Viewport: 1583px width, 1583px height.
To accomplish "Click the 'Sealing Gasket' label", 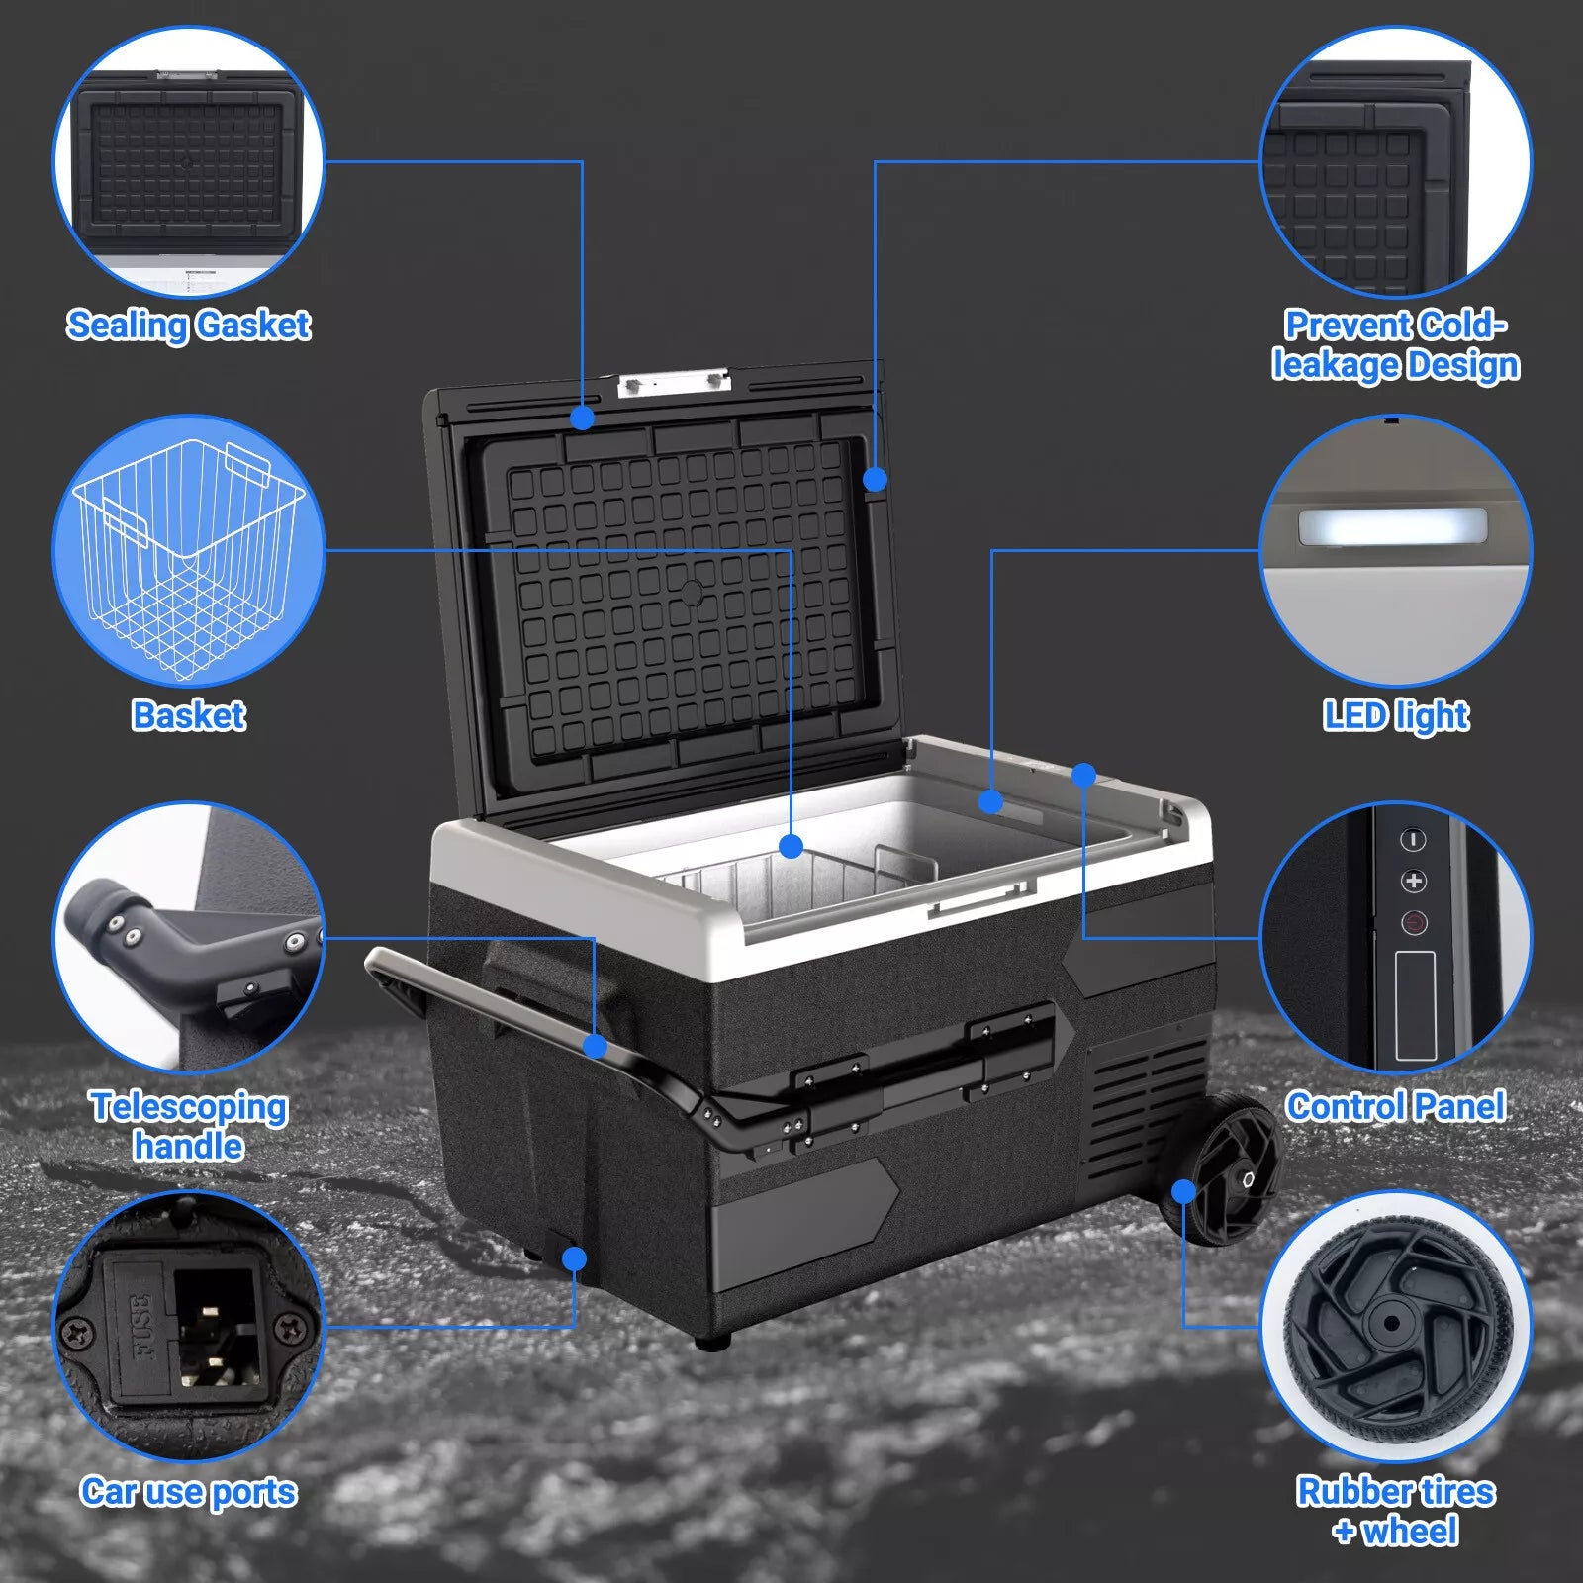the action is coord(188,325).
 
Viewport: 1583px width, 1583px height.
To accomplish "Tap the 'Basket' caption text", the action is coord(188,714).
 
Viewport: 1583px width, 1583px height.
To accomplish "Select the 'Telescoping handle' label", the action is coord(188,1125).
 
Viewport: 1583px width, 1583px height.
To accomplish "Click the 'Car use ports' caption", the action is coord(188,1491).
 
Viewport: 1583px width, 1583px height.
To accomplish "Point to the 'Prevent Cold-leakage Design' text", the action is coord(1395,344).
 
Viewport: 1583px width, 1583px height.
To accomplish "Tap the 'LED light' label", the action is coord(1395,715).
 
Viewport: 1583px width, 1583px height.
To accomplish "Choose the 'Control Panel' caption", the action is coord(1395,1105).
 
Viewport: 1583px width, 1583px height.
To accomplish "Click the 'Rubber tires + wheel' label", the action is coord(1395,1511).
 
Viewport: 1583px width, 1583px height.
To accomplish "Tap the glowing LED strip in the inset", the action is coord(1393,526).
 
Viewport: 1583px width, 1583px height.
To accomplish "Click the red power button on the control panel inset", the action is coord(1414,923).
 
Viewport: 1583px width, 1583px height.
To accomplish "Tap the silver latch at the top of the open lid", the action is coord(674,382).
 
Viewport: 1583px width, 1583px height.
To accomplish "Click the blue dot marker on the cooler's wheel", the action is coord(1183,1191).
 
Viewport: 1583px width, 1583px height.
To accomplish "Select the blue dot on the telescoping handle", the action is coord(595,1046).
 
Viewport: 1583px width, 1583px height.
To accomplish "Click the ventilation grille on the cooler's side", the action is coord(1148,1108).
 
